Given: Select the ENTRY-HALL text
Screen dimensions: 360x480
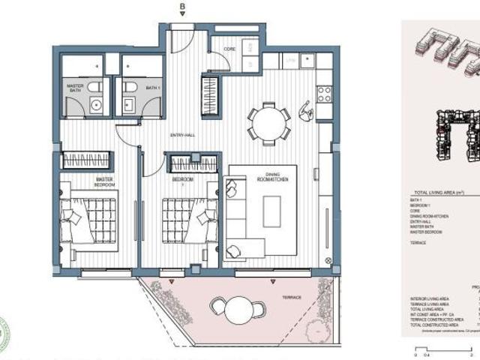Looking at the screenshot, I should [181, 136].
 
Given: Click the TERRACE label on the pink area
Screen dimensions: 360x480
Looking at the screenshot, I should [291, 298].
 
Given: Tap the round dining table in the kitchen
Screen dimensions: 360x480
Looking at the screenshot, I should [268, 121].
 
